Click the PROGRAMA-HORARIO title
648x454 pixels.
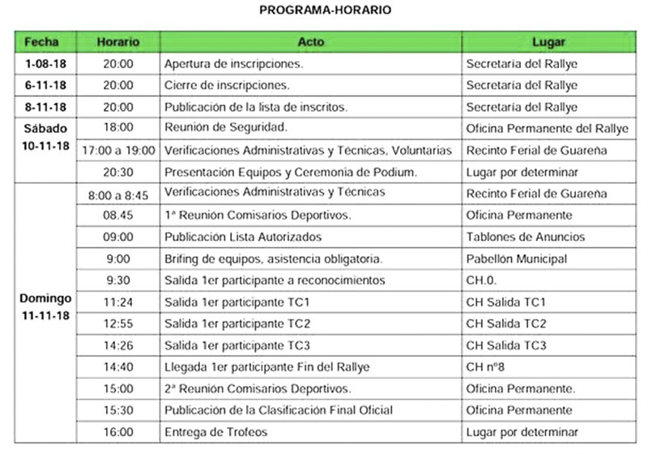tap(325, 11)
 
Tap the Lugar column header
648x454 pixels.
tap(548, 41)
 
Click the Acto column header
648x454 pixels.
tap(310, 41)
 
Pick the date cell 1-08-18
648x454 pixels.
tap(46, 63)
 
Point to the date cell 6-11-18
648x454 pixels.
tap(46, 85)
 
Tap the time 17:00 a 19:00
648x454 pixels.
tap(118, 150)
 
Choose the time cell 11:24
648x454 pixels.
tap(118, 302)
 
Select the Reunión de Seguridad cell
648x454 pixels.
tap(226, 128)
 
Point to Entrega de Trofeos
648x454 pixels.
tap(215, 432)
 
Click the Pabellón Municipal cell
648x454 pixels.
tap(517, 259)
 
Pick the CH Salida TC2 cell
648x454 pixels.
tap(506, 324)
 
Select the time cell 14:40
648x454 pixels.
tap(118, 367)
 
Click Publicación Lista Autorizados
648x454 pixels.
tap(243, 237)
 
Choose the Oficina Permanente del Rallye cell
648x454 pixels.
tap(547, 128)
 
